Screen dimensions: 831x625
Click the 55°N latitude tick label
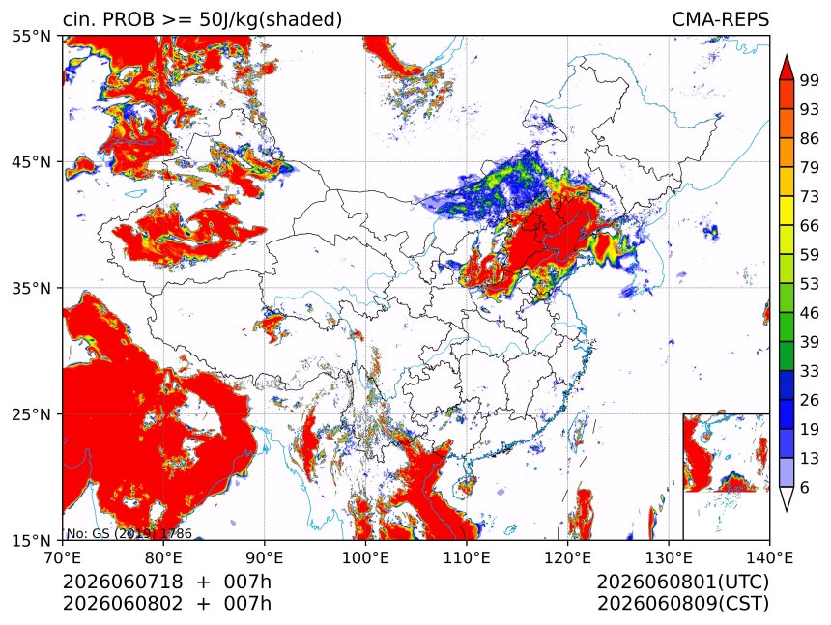pos(31,36)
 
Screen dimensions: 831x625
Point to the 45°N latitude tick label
pos(31,161)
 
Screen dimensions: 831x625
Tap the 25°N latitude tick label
pos(31,414)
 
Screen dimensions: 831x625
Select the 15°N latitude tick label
pos(31,540)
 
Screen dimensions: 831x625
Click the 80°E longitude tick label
pos(163,557)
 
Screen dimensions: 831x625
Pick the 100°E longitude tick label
pos(365,557)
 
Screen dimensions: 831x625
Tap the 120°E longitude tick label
pos(567,557)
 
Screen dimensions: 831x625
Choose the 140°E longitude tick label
pos(769,557)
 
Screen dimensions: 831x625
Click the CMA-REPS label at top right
pos(720,19)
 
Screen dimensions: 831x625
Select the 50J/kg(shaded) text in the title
pos(271,20)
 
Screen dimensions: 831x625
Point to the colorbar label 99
pos(810,80)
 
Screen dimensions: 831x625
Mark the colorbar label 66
pos(810,226)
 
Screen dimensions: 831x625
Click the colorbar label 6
pos(805,487)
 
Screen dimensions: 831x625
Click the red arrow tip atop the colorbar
pos(787,55)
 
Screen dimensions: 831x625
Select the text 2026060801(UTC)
pos(682,582)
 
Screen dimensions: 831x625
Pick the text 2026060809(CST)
pos(682,604)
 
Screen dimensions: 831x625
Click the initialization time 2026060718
pos(123,582)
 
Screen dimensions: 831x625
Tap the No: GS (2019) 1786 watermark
pos(129,533)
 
